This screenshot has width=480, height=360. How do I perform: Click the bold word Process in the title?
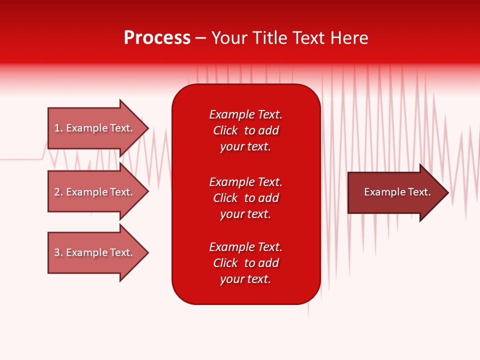pyautogui.click(x=157, y=38)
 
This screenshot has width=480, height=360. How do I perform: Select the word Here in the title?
pyautogui.click(x=349, y=38)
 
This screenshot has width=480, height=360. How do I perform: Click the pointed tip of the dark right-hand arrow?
pyautogui.click(x=446, y=192)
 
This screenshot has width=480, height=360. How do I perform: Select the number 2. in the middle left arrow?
pyautogui.click(x=58, y=192)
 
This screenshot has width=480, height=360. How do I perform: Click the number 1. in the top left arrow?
pyautogui.click(x=58, y=128)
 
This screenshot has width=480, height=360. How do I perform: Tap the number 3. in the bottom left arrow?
pyautogui.click(x=58, y=252)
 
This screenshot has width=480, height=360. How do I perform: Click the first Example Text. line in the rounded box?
pyautogui.click(x=245, y=114)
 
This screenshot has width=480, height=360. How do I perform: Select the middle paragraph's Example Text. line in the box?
pyautogui.click(x=245, y=182)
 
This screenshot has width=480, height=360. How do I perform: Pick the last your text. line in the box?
pyautogui.click(x=245, y=279)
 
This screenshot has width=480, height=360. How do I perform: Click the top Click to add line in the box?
pyautogui.click(x=245, y=130)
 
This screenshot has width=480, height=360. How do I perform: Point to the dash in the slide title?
pyautogui.click(x=200, y=38)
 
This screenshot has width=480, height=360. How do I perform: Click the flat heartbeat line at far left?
pyautogui.click(x=20, y=159)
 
